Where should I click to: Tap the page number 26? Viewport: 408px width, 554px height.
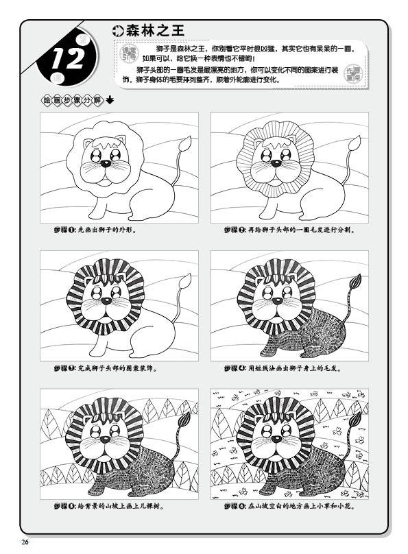click(25, 542)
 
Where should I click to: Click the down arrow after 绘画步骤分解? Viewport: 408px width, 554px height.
click(110, 100)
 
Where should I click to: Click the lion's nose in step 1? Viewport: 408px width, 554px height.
click(105, 164)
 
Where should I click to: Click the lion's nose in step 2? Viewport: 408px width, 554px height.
click(274, 164)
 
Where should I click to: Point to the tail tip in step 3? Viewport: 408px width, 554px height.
click(184, 282)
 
